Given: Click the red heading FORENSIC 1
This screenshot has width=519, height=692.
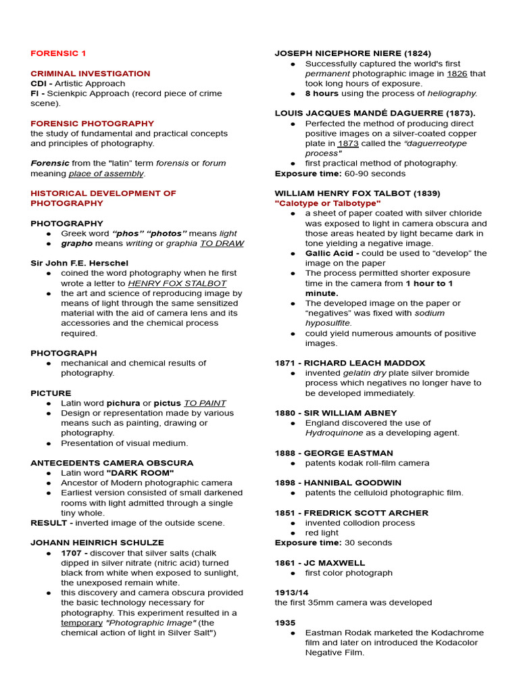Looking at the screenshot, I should (x=58, y=53).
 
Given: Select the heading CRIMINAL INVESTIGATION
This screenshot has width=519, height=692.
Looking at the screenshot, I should (x=91, y=74).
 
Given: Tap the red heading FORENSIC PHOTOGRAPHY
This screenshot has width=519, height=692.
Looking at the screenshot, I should (x=92, y=124).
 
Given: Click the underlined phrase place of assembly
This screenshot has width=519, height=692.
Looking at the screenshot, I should (x=106, y=174).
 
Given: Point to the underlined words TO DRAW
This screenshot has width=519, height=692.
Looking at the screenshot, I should (x=221, y=243).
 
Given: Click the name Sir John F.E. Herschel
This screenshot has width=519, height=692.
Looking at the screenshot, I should (x=79, y=263).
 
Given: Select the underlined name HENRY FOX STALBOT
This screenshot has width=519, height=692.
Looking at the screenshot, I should (x=177, y=283).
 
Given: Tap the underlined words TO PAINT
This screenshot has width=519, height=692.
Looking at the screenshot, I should (x=205, y=403).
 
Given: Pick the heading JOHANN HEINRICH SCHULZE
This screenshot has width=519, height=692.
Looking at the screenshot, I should (x=97, y=543).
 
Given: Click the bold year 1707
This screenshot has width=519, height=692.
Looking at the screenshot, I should (x=72, y=553).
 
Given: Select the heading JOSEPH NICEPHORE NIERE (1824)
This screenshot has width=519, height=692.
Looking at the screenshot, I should (x=353, y=53).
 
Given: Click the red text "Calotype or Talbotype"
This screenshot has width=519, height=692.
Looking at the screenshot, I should (x=328, y=203).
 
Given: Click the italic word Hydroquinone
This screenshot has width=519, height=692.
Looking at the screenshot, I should (x=335, y=432).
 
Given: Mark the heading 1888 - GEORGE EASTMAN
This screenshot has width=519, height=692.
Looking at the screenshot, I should (x=334, y=453).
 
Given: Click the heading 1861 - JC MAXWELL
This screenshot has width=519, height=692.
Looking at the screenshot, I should (x=320, y=563).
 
